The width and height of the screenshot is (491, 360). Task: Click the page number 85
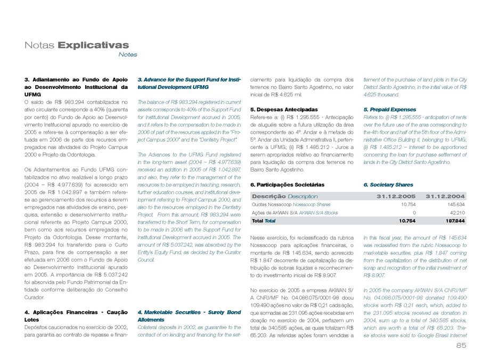461,346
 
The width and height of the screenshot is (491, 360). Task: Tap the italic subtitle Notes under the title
128,54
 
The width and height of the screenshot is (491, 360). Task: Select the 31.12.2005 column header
396,196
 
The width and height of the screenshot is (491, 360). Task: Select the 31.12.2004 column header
446,196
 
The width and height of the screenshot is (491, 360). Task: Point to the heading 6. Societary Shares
388,184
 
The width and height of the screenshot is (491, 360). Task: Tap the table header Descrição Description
284,196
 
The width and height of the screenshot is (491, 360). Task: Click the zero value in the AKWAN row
414,212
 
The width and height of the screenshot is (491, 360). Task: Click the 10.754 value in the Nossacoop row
407,204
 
